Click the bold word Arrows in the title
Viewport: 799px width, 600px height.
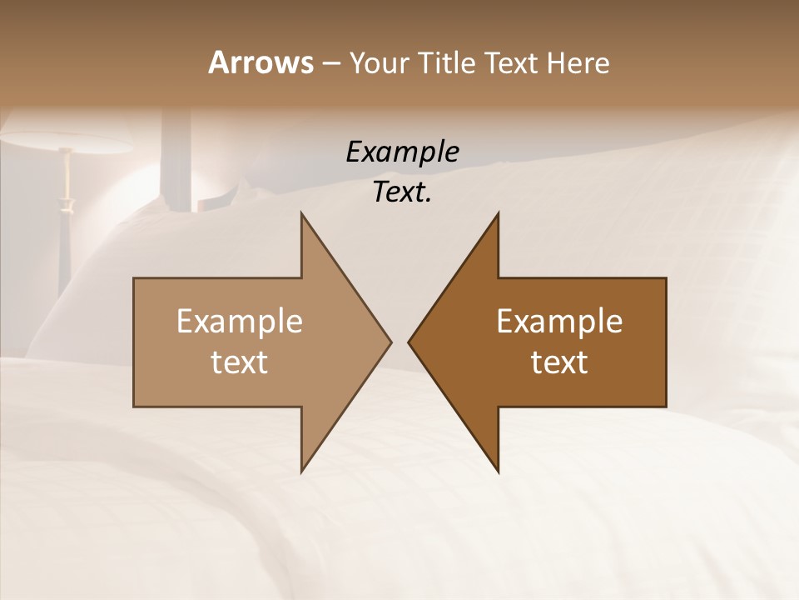[x=261, y=62]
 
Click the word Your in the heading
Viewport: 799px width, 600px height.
[x=379, y=63]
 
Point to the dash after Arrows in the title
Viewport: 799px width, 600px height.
[x=330, y=64]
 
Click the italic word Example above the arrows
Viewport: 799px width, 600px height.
[x=402, y=152]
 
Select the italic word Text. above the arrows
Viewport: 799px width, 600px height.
[x=402, y=192]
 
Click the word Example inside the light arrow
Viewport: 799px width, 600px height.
[x=240, y=321]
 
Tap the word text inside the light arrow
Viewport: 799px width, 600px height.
[x=240, y=362]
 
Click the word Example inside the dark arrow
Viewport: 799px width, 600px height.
[x=559, y=321]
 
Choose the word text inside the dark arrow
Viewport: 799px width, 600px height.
[x=559, y=362]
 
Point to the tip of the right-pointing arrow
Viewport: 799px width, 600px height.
[x=390, y=342]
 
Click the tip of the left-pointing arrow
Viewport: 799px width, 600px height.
[x=409, y=342]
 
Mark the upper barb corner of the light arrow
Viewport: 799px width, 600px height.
[x=301, y=213]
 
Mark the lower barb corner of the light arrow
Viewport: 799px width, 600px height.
[x=301, y=472]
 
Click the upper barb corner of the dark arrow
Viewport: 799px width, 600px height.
[x=498, y=213]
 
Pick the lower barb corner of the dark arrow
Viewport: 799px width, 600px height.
[x=498, y=472]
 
